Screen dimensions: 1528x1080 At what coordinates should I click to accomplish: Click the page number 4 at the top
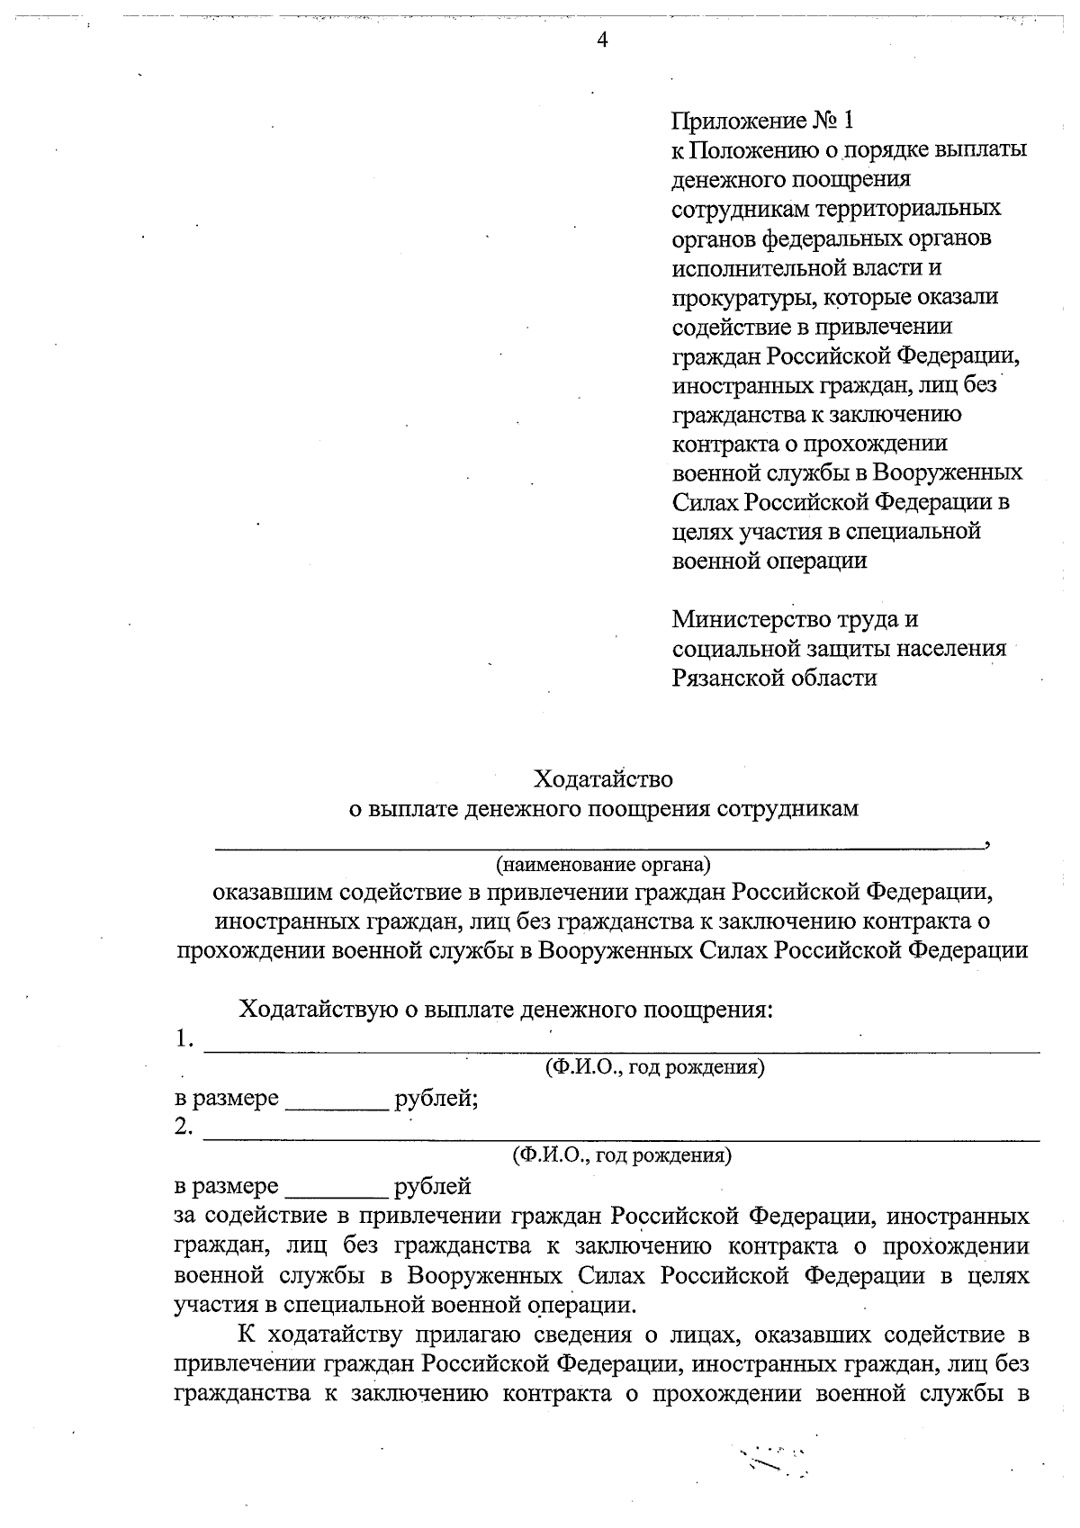click(602, 40)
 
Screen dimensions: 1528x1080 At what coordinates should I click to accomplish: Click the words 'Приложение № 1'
click(760, 121)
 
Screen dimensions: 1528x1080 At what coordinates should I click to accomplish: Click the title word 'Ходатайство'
click(603, 777)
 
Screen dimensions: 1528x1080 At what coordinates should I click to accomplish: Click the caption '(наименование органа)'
click(603, 865)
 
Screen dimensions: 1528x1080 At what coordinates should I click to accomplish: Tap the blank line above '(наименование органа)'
click(598, 846)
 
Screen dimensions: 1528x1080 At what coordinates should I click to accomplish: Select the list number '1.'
click(184, 1039)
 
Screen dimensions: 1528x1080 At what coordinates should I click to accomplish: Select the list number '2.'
click(184, 1128)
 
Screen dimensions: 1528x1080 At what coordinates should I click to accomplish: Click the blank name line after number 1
click(621, 1049)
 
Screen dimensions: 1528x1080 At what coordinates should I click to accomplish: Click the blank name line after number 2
click(621, 1138)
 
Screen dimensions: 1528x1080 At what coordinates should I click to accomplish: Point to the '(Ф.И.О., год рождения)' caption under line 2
click(621, 1155)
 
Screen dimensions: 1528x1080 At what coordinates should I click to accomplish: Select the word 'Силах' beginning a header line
click(704, 502)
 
